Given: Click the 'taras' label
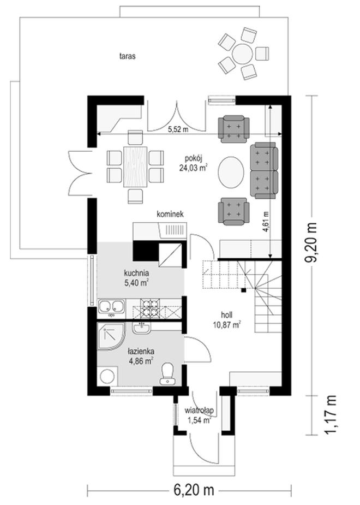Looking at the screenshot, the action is coord(128,56).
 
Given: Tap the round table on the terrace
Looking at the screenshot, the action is coord(243,54).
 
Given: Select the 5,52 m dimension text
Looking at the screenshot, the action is coord(178,130).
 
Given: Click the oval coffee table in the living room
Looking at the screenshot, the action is coord(231,171).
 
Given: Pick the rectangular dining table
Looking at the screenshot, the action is coord(135,167).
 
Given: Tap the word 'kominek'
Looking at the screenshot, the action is coord(170,214).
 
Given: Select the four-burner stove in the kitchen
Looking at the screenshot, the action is coord(150,308).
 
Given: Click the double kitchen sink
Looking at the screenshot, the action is coord(111,306).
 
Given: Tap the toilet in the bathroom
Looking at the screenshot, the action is coord(167,373).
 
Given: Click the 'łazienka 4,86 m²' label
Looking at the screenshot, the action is coord(141,355).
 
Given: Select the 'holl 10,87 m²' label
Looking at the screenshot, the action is coord(227,320).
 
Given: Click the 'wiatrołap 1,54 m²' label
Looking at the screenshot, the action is coord(200,415).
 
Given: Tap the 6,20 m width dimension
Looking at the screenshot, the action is coord(194,490).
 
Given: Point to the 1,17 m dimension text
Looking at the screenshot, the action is coord(332,415).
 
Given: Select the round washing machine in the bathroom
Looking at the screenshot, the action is coord(107,376).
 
